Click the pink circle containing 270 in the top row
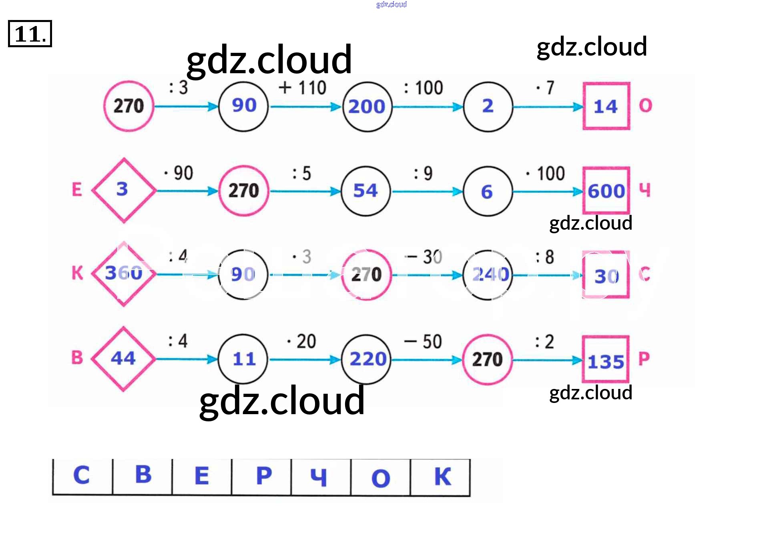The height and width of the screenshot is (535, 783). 128,106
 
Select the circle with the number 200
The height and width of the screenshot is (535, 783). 367,107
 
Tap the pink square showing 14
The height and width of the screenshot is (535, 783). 606,106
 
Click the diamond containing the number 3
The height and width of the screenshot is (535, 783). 123,190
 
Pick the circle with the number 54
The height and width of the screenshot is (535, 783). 365,191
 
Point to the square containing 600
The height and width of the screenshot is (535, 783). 606,190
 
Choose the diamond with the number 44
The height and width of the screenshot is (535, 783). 123,359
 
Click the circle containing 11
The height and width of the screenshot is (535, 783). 243,359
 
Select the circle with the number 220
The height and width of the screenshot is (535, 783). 367,359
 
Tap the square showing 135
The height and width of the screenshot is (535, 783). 606,359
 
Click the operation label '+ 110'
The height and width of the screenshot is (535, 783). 303,88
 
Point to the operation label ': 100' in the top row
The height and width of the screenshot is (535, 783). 424,88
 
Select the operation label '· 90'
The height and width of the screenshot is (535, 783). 179,173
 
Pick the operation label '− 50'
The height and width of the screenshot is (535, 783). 423,341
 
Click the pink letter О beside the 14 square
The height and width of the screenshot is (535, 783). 645,106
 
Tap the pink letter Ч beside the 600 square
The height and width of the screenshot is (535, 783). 644,190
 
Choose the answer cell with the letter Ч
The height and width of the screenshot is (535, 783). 320,477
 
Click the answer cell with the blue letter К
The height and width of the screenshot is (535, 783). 441,477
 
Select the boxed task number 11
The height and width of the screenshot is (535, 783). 30,34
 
